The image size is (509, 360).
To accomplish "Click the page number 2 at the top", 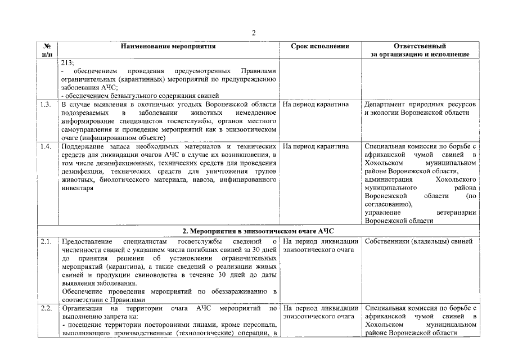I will (x=254, y=33).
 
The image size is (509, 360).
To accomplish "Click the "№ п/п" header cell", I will (x=47, y=50).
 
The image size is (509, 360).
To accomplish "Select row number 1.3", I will (x=47, y=105).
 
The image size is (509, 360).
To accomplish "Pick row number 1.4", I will (x=47, y=147).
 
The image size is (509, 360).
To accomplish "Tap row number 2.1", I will (x=47, y=242).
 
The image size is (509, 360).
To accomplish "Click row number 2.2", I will (x=47, y=309).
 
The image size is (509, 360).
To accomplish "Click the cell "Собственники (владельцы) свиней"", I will (x=418, y=242).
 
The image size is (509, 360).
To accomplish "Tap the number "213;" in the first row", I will (x=67, y=63).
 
